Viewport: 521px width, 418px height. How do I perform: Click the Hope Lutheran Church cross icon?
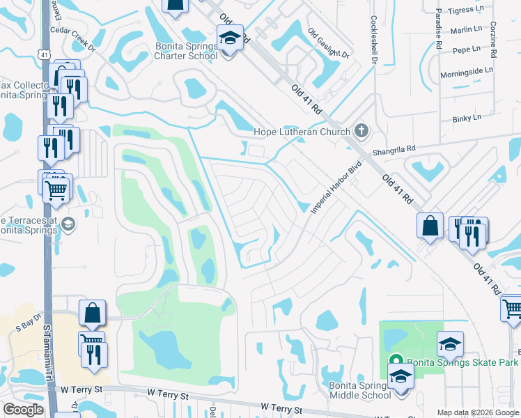[361, 130]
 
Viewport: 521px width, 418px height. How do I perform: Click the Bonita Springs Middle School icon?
[401, 377]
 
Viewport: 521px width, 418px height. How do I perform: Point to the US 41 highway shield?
[45, 53]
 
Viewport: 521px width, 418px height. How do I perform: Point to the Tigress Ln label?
[466, 10]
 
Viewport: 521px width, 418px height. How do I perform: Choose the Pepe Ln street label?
[466, 49]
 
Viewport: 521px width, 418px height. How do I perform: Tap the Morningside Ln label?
[466, 70]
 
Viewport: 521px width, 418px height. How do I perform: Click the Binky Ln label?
[466, 118]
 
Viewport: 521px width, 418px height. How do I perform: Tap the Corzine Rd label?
[493, 38]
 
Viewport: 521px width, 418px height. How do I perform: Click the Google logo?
[23, 410]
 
